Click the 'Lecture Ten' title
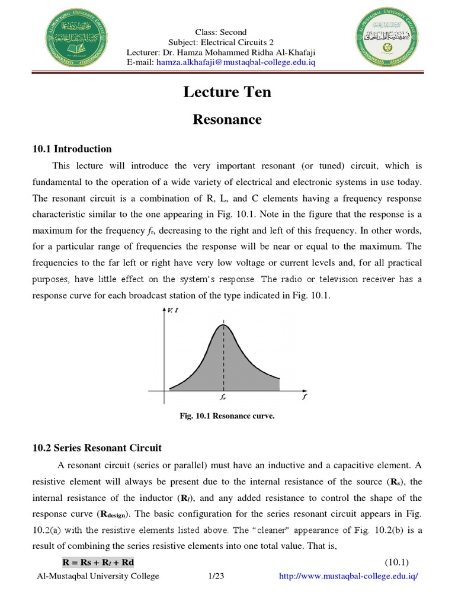(227, 92)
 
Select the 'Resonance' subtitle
(227, 119)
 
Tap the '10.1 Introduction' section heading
(72, 149)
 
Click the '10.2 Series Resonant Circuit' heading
(97, 448)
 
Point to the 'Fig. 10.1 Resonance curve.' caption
(227, 416)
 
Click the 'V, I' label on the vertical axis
(174, 309)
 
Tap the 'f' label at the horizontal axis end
(304, 398)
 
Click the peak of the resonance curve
(223, 324)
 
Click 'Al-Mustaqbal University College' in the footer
(98, 576)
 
